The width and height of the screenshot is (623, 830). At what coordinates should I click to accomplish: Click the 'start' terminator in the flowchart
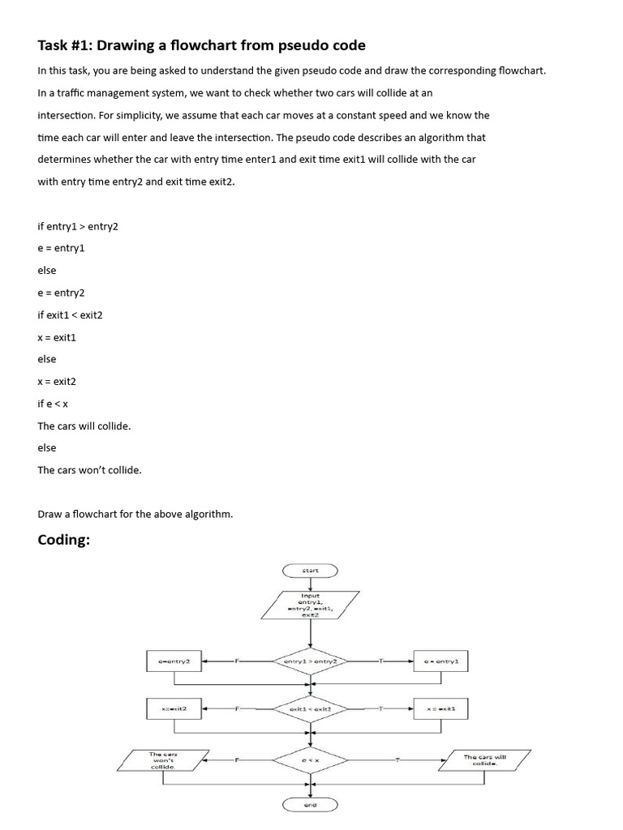click(311, 571)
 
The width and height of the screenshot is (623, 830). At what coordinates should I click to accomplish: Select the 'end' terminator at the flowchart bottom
click(311, 805)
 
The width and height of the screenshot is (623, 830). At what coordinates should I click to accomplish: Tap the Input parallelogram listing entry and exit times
click(310, 605)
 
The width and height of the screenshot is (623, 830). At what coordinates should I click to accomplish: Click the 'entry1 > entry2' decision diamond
click(311, 661)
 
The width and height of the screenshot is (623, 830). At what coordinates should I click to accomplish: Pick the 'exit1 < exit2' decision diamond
click(311, 709)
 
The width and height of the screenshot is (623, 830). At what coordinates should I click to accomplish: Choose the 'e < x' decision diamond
click(311, 760)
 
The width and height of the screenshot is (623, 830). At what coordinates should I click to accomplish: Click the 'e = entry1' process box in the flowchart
click(441, 661)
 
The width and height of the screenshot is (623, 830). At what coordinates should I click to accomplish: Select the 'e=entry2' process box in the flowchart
click(174, 661)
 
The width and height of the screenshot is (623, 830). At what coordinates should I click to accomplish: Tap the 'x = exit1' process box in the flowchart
click(441, 709)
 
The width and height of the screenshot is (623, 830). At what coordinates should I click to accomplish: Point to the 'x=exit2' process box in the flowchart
click(174, 709)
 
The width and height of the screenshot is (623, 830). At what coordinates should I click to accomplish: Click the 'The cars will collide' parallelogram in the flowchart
click(485, 760)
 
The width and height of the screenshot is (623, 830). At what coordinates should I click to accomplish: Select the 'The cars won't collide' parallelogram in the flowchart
click(164, 760)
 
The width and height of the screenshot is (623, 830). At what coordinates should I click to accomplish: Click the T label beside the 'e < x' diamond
click(397, 760)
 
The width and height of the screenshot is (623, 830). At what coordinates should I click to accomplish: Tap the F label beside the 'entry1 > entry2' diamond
click(237, 661)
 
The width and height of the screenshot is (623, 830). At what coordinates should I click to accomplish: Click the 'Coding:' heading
click(63, 540)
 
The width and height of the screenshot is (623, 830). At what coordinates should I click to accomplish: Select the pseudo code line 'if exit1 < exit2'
click(71, 314)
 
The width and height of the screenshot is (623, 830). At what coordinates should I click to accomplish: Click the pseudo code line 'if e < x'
click(53, 404)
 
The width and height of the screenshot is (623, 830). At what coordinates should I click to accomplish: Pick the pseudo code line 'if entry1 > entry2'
click(78, 226)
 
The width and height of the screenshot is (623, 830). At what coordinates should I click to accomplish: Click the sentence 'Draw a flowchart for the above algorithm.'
click(135, 514)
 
